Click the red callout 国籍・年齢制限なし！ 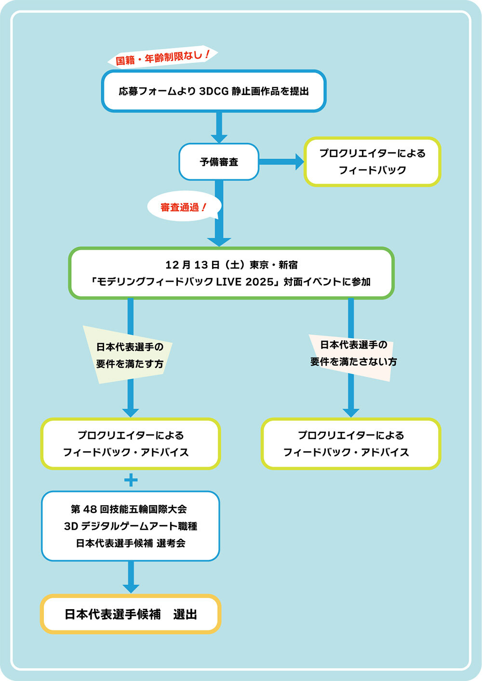tap(163, 58)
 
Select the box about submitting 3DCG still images tap(214, 91)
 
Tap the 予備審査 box tap(219, 162)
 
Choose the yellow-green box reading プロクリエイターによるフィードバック tap(372, 162)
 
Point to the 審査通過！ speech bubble tap(183, 207)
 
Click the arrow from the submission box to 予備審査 tap(219, 127)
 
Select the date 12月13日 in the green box tap(193, 265)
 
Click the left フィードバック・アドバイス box tap(130, 444)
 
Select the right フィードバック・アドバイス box tap(351, 444)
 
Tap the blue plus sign tap(131, 480)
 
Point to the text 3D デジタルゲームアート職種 tap(131, 526)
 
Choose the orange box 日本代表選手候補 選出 tap(131, 614)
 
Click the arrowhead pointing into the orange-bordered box tap(131, 588)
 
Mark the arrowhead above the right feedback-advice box tap(351, 412)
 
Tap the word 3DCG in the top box tap(214, 91)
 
